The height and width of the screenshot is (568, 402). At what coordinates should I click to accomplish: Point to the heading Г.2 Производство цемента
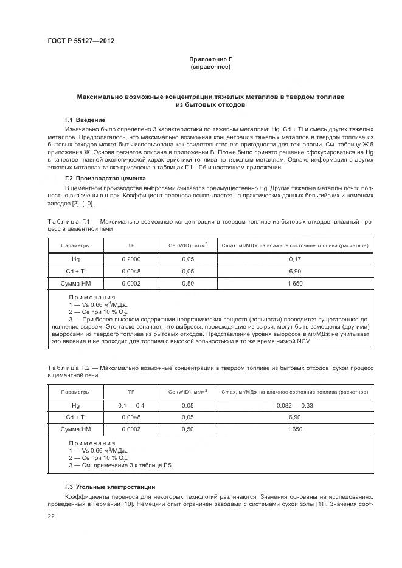pyautogui.click(x=105, y=178)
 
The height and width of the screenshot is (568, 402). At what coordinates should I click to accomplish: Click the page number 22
pyautogui.click(x=51, y=516)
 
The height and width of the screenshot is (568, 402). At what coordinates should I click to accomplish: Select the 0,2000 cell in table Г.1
pyautogui.click(x=131, y=259)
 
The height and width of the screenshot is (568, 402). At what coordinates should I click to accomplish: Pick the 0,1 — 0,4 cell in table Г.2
pyautogui.click(x=131, y=405)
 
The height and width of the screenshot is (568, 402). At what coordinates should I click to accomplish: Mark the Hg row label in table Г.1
pyautogui.click(x=75, y=259)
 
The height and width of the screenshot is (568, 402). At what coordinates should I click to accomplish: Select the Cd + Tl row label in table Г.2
pyautogui.click(x=75, y=417)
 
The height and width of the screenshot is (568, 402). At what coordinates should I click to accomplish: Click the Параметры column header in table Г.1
pyautogui.click(x=75, y=245)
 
